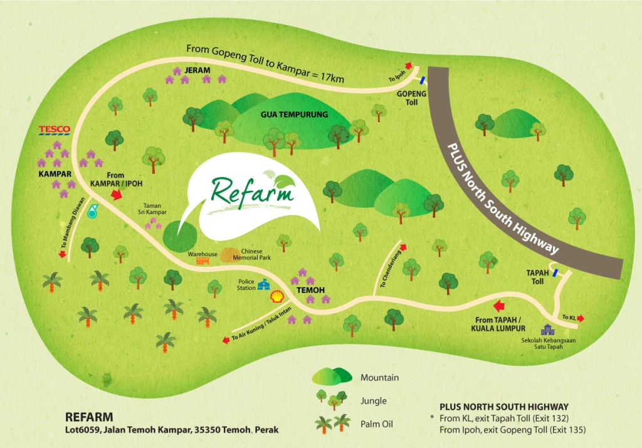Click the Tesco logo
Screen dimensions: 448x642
(x=54, y=130)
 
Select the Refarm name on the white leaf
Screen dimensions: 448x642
(x=253, y=191)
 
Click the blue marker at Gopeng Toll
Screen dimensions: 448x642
(x=423, y=80)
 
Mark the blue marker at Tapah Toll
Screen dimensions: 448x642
(x=555, y=273)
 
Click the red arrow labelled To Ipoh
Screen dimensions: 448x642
(x=409, y=65)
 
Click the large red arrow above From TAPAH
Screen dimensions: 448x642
(x=500, y=306)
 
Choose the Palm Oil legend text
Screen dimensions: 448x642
(x=377, y=425)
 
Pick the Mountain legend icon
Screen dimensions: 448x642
(x=333, y=376)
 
